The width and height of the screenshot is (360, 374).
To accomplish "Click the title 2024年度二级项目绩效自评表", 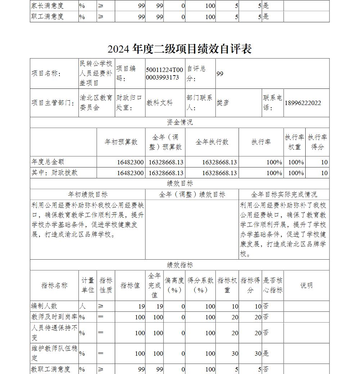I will (x=179, y=49).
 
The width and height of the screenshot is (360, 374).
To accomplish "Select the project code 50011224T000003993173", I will (x=165, y=73).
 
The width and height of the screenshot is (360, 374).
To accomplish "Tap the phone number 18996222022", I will (x=303, y=103).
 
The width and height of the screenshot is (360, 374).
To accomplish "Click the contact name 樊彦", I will (x=222, y=103).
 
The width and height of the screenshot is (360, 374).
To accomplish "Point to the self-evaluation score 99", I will (x=220, y=74).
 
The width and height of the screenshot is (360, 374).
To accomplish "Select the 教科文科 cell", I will (x=159, y=103).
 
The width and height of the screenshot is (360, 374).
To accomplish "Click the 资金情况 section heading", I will (x=179, y=122).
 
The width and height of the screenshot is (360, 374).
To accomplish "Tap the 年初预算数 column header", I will (x=121, y=142).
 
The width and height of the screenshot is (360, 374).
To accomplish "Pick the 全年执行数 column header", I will (x=212, y=142).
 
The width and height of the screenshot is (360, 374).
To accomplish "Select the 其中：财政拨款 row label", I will (x=54, y=173).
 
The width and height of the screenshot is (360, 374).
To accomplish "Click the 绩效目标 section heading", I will (x=179, y=183).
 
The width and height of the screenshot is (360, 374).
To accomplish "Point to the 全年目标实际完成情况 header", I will (x=284, y=195).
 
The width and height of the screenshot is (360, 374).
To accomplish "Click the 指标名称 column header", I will (x=54, y=286).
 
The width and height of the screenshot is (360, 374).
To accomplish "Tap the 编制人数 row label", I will (x=44, y=306).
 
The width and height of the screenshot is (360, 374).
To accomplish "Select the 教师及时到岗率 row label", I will (x=54, y=317).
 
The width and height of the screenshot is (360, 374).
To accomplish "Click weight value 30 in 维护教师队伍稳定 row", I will (x=235, y=354).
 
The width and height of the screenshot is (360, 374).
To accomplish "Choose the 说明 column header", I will (x=306, y=286).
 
